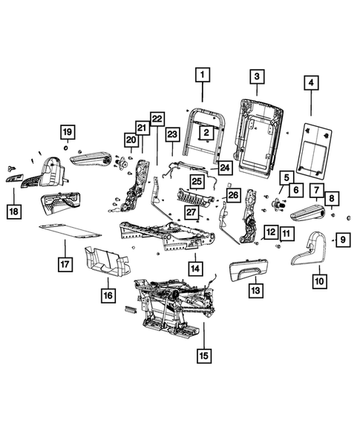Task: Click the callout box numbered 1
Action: (203, 75)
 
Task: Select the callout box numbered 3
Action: (255, 76)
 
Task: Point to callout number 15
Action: (203, 355)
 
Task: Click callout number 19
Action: (66, 133)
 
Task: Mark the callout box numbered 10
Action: (319, 280)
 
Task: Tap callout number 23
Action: (172, 134)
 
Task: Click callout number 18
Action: (14, 211)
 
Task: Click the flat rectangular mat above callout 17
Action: (64, 229)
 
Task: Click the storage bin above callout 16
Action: (108, 260)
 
